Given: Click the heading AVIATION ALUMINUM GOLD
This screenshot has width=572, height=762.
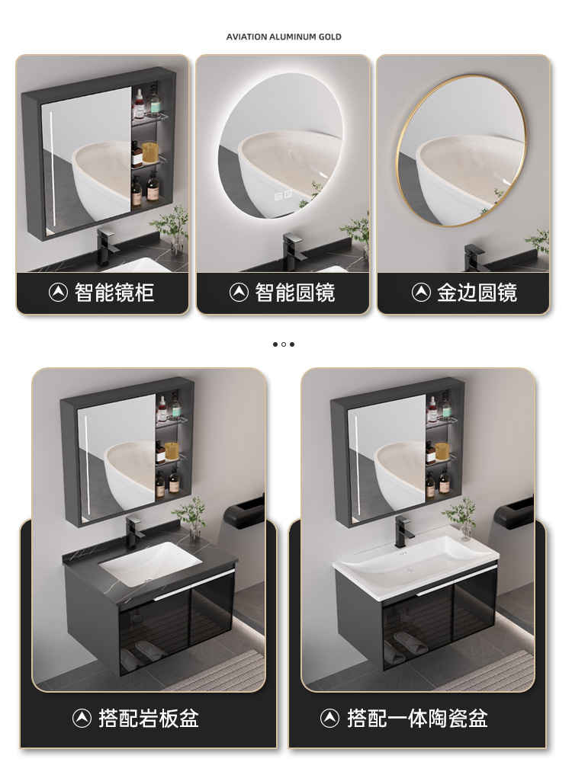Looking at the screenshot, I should tap(284, 37).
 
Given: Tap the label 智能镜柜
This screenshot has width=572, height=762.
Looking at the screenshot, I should tap(114, 293).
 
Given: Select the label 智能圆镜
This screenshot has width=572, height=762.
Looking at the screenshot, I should tap(295, 293).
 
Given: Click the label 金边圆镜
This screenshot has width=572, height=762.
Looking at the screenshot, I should tap(477, 293).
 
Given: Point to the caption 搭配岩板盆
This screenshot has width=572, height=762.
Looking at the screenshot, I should tap(149, 718).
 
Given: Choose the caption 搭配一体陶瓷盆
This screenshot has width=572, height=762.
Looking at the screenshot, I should tap(417, 718).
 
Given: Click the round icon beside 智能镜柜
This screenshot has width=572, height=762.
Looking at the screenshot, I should tap(59, 293).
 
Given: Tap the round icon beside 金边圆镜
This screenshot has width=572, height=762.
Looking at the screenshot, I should tap(421, 293).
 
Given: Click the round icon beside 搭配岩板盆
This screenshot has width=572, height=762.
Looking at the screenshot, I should tap(82, 718).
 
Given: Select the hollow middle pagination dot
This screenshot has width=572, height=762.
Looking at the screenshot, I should tap(284, 344).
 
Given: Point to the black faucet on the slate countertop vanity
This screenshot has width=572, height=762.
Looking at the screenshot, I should tap(135, 530).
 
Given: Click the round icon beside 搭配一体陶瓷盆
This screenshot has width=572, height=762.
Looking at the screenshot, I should tap(329, 718).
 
